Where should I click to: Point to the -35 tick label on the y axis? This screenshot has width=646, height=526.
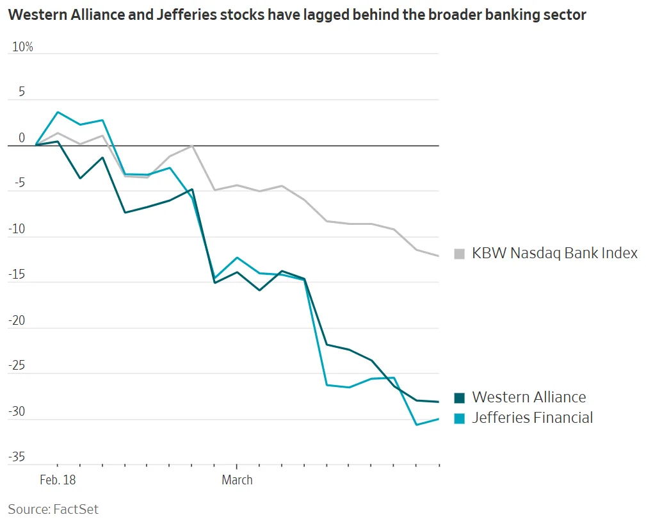[x=17, y=457]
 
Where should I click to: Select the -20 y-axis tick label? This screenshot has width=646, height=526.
[x=17, y=320]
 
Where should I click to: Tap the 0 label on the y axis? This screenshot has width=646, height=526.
[x=22, y=138]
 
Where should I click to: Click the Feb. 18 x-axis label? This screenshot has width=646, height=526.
[x=57, y=480]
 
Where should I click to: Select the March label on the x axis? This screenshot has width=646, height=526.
[x=237, y=480]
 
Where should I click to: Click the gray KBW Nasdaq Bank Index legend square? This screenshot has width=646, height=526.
[x=459, y=254]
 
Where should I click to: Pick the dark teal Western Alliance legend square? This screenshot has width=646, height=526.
[x=459, y=398]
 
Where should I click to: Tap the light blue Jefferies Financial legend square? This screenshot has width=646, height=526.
[x=459, y=418]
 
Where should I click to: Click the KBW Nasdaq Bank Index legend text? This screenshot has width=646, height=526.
[x=554, y=253]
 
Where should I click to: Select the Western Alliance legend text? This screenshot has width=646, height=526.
[x=529, y=397]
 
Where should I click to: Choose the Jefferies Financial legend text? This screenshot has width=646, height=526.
[x=532, y=418]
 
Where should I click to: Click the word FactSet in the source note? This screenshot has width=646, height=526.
[x=76, y=509]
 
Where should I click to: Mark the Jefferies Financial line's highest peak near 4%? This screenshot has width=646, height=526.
[x=58, y=112]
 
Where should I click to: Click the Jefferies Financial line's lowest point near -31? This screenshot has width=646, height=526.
[x=416, y=425]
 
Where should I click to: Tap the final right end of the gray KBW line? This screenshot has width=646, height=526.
[x=439, y=256]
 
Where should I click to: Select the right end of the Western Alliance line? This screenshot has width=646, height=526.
[x=439, y=402]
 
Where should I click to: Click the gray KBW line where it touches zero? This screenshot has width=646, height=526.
[x=192, y=145]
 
